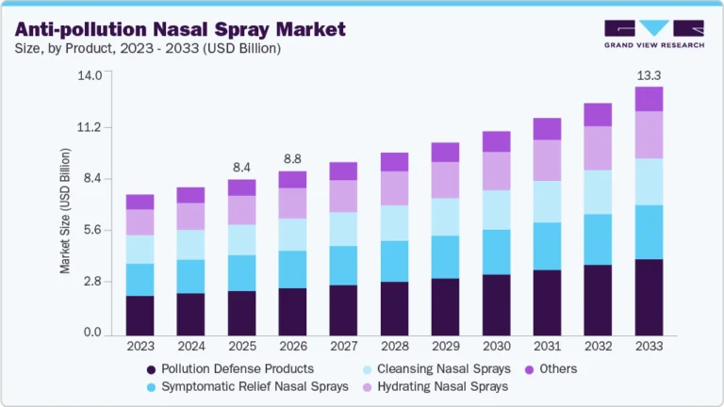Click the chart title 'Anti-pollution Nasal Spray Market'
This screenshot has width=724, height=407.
click(180, 29)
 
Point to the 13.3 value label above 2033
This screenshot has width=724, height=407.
click(649, 73)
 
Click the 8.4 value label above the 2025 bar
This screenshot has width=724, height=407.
click(241, 167)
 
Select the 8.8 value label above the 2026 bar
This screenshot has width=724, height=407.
click(292, 158)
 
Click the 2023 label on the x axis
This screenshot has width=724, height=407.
click(140, 348)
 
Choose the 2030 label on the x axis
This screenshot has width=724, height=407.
click(496, 348)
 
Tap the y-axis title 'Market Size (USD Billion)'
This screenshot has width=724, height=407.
click(65, 210)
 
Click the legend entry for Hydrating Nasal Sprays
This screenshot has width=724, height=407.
click(437, 387)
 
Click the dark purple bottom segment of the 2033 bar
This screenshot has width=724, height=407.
click(649, 297)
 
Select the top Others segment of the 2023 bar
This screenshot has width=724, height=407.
click(140, 202)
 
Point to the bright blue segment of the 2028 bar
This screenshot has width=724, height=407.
click(394, 261)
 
